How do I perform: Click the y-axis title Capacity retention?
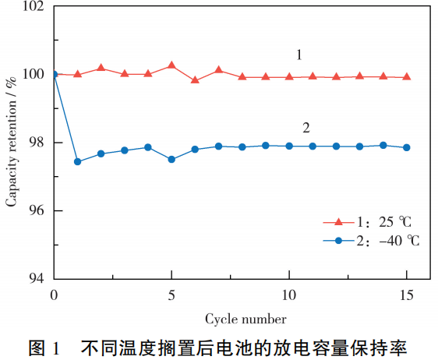point(12,142)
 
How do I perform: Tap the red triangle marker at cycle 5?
point(171,65)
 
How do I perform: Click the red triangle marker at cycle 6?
point(195,79)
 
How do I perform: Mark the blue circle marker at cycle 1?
point(77,161)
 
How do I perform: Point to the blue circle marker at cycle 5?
point(171,159)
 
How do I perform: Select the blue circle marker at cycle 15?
point(406,147)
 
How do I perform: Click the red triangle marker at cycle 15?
point(406,76)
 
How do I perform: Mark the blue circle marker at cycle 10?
point(289,146)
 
